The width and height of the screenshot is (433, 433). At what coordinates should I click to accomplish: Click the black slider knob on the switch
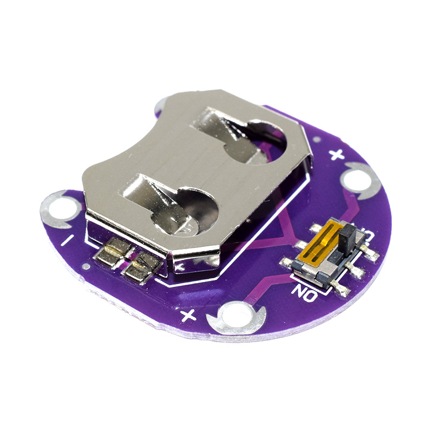(347, 238)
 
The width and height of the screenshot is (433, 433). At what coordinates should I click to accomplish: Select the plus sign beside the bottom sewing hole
(188, 315)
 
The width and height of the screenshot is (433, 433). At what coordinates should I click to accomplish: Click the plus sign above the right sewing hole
(337, 155)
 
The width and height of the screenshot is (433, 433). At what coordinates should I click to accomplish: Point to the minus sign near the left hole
(67, 240)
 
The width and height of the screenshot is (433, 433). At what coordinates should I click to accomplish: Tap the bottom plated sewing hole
(236, 318)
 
